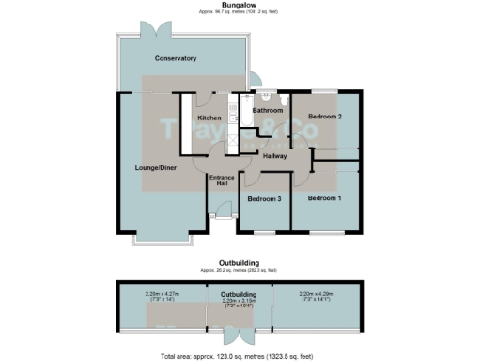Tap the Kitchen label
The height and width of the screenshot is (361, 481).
209,117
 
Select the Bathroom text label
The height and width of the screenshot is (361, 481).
268,110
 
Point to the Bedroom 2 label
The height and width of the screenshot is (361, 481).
324,116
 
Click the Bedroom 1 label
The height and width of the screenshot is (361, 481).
324,197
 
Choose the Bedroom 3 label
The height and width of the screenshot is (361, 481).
264,199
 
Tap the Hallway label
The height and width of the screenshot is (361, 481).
275,155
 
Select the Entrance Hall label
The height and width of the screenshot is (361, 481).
221,180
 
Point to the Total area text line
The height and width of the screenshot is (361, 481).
239,356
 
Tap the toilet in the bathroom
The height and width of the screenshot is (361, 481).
268,94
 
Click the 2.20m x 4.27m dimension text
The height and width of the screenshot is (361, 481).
160,294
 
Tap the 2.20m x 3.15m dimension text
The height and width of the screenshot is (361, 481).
239,303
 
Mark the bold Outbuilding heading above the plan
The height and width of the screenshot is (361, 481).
239,262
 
